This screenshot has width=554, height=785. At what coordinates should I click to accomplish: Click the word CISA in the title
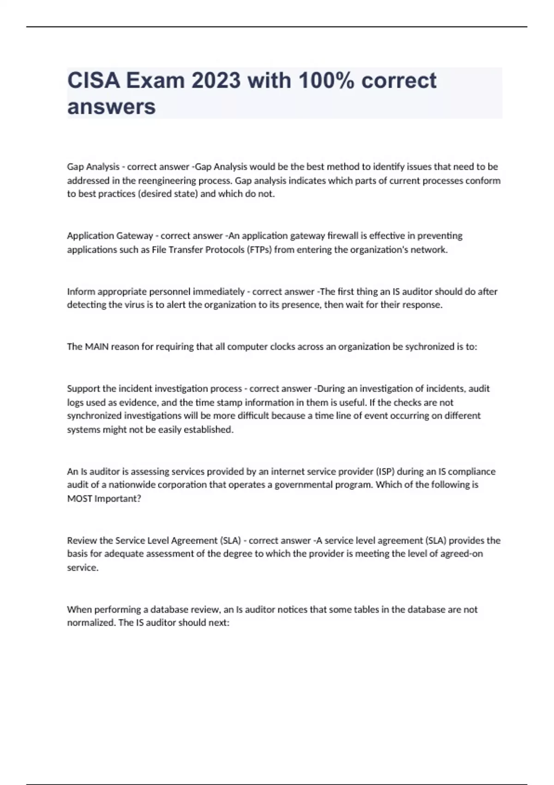pyautogui.click(x=93, y=81)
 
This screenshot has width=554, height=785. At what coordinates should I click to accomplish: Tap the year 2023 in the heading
pyautogui.click(x=216, y=81)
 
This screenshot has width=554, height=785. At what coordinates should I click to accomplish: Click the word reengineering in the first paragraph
pyautogui.click(x=167, y=181)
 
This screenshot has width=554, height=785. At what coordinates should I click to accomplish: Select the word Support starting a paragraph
pyautogui.click(x=83, y=389)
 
